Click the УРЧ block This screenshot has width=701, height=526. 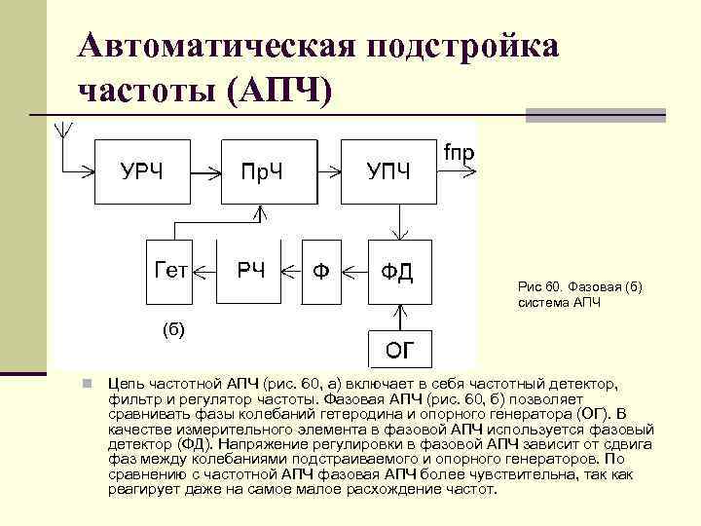pyautogui.click(x=143, y=170)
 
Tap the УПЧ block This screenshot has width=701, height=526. pyautogui.click(x=388, y=170)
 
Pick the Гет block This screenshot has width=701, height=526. pyautogui.click(x=168, y=269)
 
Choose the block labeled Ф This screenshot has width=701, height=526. pyautogui.click(x=321, y=270)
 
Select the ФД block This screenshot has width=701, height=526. pyautogui.click(x=397, y=270)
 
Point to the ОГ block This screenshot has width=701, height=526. pyautogui.click(x=397, y=349)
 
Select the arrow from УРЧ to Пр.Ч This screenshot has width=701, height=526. pyautogui.click(x=206, y=170)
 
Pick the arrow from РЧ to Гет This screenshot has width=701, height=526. pyautogui.click(x=204, y=270)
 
